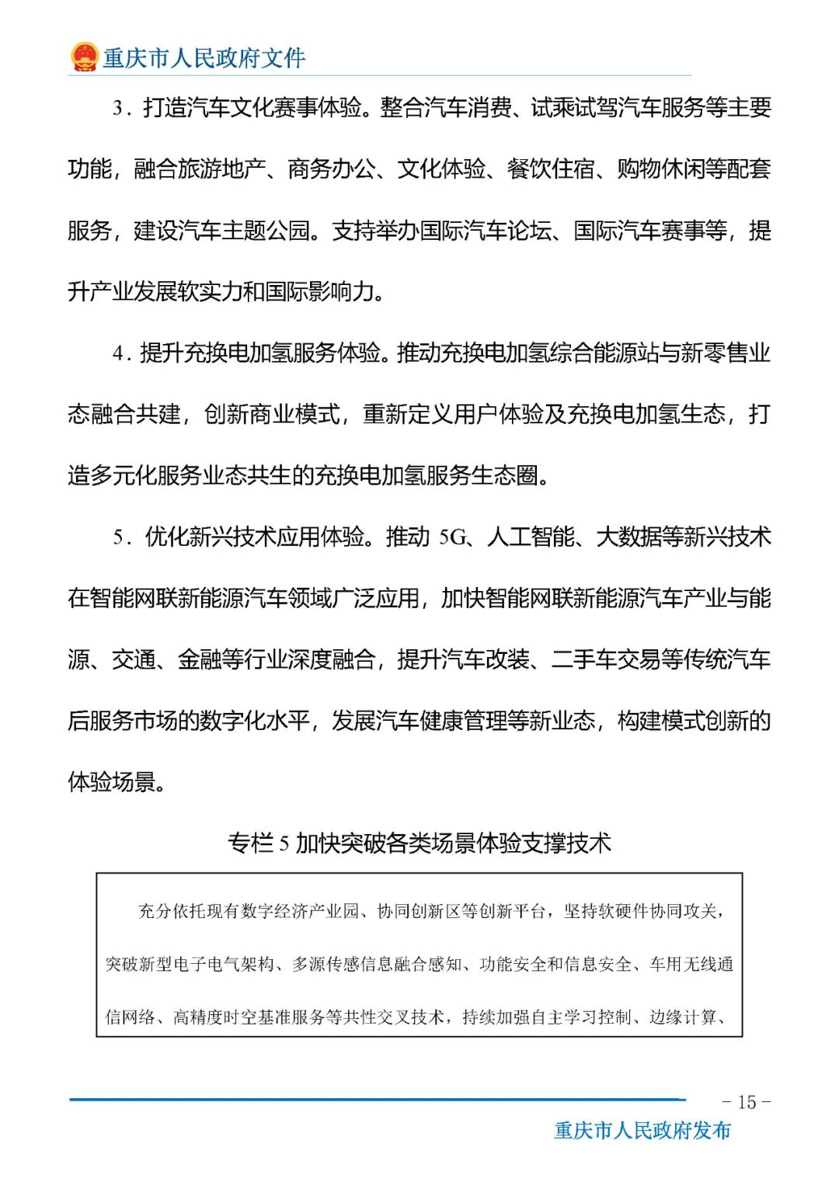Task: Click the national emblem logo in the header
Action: [84, 57]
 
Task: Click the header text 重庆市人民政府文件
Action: [204, 57]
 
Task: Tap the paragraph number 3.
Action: [118, 108]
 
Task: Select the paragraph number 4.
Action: [118, 353]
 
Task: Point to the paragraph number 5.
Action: [118, 537]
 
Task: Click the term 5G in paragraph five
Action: [452, 537]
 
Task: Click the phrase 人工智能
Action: [531, 537]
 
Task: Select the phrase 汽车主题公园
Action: [244, 231]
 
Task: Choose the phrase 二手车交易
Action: [606, 659]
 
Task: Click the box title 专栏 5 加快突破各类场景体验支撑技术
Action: [419, 843]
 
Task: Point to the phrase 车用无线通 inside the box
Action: [691, 964]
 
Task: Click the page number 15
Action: [747, 1102]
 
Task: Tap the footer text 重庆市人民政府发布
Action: [642, 1130]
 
